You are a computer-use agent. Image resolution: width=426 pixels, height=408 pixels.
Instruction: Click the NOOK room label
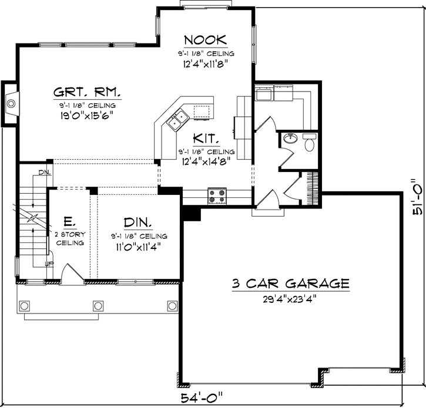point(205,40)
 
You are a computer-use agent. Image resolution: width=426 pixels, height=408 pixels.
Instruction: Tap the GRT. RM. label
point(88,92)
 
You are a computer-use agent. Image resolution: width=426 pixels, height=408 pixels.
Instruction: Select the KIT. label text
point(206,139)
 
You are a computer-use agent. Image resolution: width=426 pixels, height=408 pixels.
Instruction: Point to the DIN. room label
point(138,222)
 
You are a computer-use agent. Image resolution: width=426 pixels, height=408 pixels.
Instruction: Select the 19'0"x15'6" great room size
point(88,115)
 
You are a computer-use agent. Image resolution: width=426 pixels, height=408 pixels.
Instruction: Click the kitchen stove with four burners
point(217,196)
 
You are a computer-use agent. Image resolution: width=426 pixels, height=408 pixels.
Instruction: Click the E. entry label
point(69,222)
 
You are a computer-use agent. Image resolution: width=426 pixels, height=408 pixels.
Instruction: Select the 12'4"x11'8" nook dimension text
point(205,63)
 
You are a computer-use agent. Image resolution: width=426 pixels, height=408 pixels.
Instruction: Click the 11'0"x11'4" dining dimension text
point(138,245)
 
